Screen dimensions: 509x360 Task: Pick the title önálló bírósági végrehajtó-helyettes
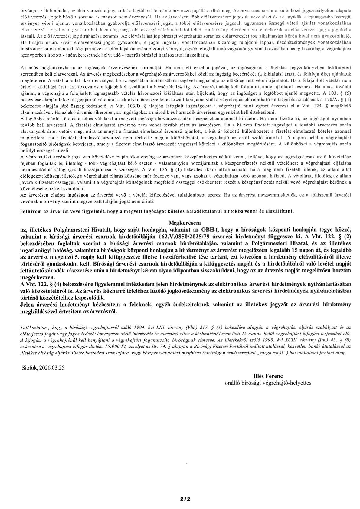[x=268, y=383]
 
